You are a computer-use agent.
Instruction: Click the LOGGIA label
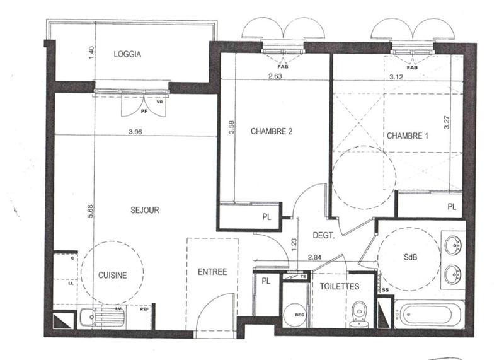[x=127, y=54]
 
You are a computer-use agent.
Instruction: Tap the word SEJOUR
[x=145, y=211]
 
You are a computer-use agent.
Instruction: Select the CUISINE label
[x=113, y=275]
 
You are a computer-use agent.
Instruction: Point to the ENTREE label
[x=212, y=272]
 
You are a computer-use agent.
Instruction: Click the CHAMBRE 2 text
[x=272, y=132]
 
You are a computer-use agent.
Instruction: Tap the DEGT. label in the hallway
[x=324, y=235]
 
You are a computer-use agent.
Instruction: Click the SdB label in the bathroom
[x=411, y=257]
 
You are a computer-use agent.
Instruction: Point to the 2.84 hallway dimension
[x=315, y=257]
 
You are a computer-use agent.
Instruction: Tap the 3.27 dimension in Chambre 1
[x=446, y=121]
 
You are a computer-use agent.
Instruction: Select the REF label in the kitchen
[x=144, y=309]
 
